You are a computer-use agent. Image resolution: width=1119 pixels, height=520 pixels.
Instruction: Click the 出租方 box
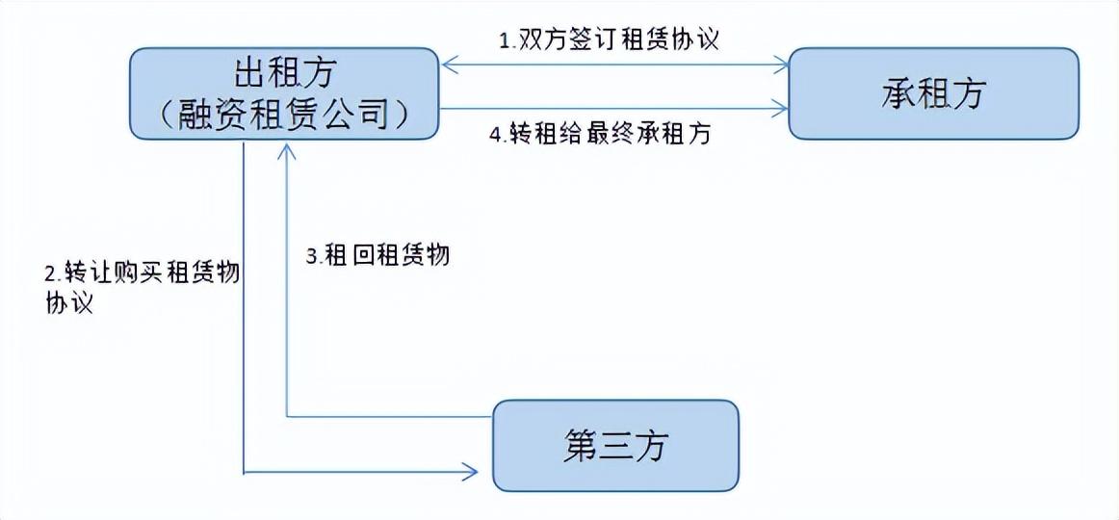(283, 93)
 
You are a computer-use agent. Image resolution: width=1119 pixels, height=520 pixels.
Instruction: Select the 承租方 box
(933, 93)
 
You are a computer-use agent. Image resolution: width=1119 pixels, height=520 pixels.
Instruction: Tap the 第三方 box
(615, 446)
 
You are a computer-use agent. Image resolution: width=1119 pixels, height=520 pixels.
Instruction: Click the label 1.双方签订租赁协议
(609, 39)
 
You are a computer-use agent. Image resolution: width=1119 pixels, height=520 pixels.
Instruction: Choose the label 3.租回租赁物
(377, 255)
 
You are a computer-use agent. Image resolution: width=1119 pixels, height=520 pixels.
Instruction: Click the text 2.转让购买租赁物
(142, 273)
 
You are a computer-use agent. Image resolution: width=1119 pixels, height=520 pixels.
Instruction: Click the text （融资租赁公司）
(282, 114)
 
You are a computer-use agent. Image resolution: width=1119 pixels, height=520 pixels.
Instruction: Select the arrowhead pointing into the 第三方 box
(469, 471)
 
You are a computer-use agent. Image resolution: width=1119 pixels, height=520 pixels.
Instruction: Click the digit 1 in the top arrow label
(504, 40)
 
